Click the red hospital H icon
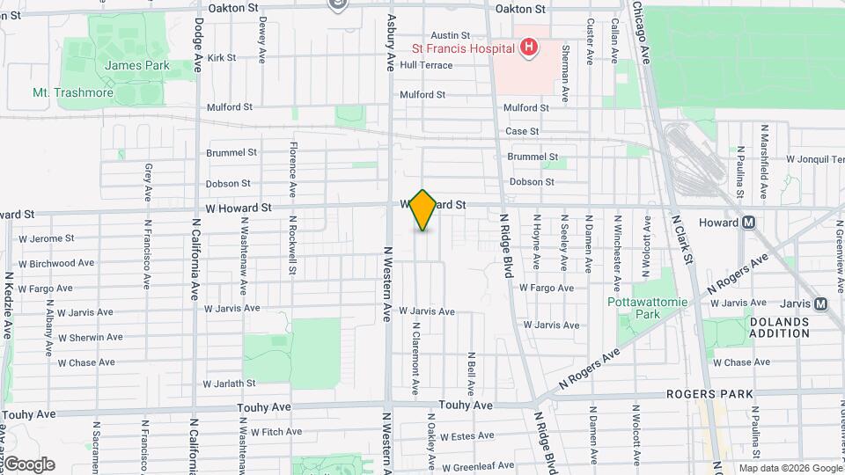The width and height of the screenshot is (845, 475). point(528,47)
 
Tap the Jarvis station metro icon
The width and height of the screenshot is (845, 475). point(820,303)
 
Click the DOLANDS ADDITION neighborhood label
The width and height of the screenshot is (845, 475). point(779,328)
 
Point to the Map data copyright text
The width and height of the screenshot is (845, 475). point(790,468)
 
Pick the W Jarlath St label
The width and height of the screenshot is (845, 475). point(229,384)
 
